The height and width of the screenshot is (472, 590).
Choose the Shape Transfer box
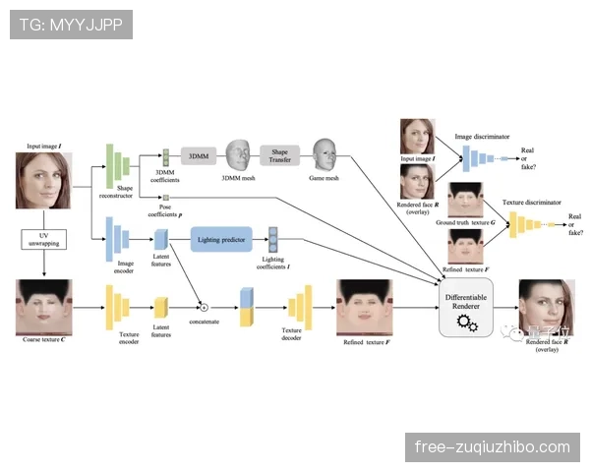pyautogui.click(x=280, y=154)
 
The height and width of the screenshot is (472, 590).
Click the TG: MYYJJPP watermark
pyautogui.click(x=71, y=25)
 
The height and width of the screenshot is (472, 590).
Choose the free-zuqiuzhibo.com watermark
pyautogui.click(x=493, y=447)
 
